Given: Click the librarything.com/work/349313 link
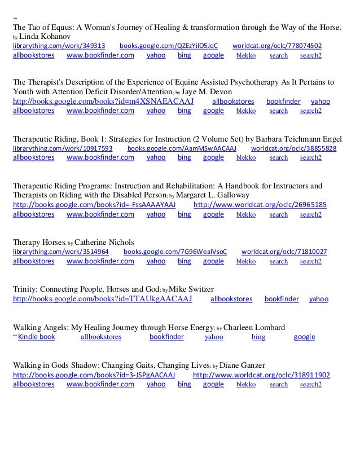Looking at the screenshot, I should pyautogui.click(x=59, y=45).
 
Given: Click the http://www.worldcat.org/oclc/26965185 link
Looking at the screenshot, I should pyautogui.click(x=260, y=205).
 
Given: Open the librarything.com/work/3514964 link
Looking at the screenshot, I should pyautogui.click(x=60, y=252).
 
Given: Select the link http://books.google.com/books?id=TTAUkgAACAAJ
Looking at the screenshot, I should pyautogui.click(x=102, y=298).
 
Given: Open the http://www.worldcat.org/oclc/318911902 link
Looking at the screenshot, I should pyautogui.click(x=262, y=375).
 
